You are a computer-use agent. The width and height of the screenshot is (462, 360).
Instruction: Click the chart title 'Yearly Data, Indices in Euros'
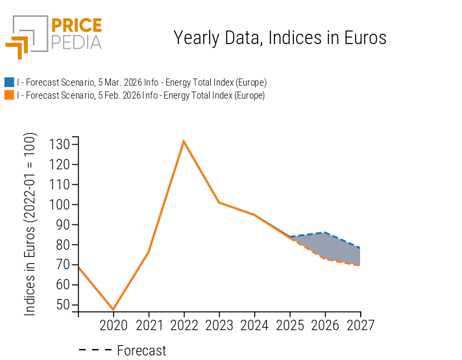[x=280, y=38]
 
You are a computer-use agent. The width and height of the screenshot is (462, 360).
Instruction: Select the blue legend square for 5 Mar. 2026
[x=9, y=82]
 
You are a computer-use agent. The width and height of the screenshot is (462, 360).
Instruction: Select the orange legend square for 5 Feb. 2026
[x=9, y=95]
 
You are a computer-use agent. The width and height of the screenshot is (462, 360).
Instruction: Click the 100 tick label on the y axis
[x=60, y=204]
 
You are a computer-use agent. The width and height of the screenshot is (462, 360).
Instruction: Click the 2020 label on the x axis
[x=114, y=325]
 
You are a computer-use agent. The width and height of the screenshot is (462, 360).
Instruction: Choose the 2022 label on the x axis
[x=184, y=325]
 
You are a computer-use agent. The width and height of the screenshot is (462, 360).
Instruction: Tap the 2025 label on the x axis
[x=290, y=325]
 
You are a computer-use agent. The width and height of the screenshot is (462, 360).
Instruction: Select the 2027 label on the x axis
[x=360, y=325]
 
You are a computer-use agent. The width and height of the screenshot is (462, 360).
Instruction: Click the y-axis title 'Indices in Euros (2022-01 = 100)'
[x=30, y=224]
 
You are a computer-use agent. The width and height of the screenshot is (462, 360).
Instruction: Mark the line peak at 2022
[x=184, y=141]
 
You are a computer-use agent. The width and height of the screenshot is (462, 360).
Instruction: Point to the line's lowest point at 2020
[x=114, y=309]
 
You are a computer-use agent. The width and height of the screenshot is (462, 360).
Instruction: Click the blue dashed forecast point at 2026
[x=325, y=232]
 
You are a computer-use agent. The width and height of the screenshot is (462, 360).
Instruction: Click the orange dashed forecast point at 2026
[x=325, y=259]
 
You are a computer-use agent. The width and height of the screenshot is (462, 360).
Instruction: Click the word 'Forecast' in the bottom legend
[x=141, y=351]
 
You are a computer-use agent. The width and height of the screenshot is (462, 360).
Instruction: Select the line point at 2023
[x=219, y=202]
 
